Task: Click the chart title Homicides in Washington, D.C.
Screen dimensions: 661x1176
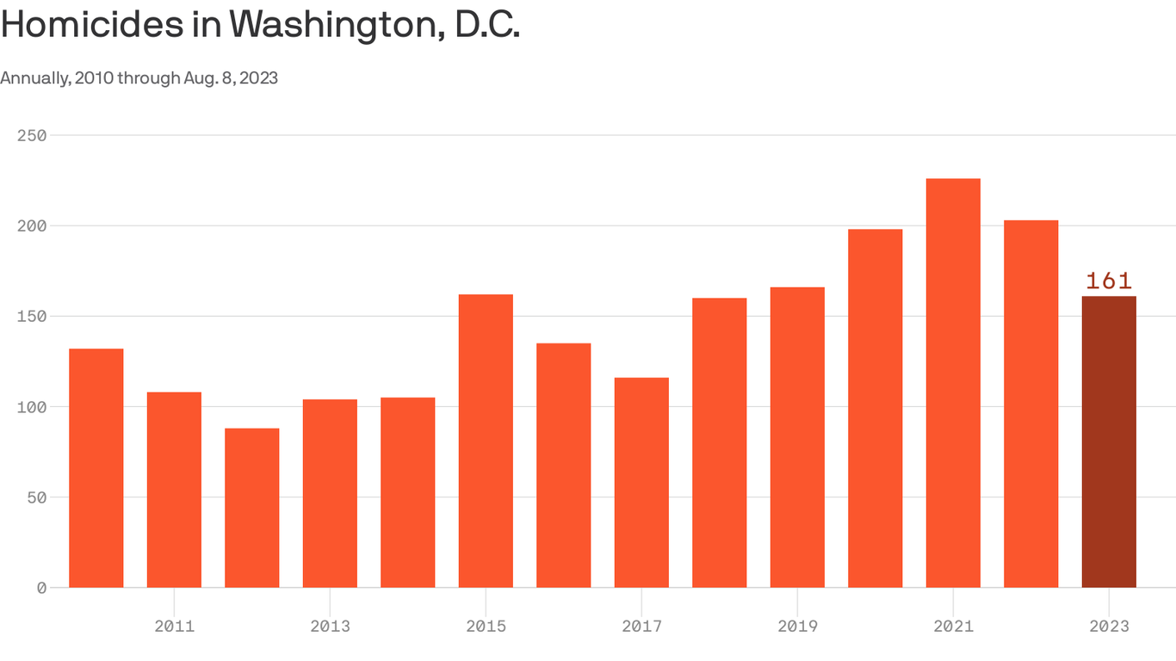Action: [x=260, y=26]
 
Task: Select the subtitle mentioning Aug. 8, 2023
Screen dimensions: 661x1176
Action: [x=139, y=78]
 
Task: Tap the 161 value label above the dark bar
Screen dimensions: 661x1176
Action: [x=1109, y=281]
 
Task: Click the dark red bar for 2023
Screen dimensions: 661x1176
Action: [x=1109, y=442]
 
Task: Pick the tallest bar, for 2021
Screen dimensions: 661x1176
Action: [x=953, y=383]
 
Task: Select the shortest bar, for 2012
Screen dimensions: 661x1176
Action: [x=252, y=508]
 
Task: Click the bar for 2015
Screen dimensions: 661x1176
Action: [x=486, y=441]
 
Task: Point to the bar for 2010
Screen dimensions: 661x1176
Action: [x=96, y=468]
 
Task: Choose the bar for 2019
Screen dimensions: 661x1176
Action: [x=797, y=437]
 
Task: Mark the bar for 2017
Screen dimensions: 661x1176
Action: [x=641, y=482]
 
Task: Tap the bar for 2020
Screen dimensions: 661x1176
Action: [x=875, y=408]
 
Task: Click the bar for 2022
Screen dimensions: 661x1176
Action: [x=1031, y=405]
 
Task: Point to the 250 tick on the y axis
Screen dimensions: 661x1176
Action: [x=31, y=136]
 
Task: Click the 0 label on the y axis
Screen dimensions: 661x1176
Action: [x=40, y=588]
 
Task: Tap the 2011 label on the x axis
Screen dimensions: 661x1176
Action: [x=174, y=627]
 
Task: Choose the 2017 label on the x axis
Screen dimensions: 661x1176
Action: [x=641, y=627]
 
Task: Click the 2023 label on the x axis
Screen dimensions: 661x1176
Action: [x=1109, y=627]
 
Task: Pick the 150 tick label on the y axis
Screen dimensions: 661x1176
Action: [x=31, y=317]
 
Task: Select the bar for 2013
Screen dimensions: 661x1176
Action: [x=330, y=493]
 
